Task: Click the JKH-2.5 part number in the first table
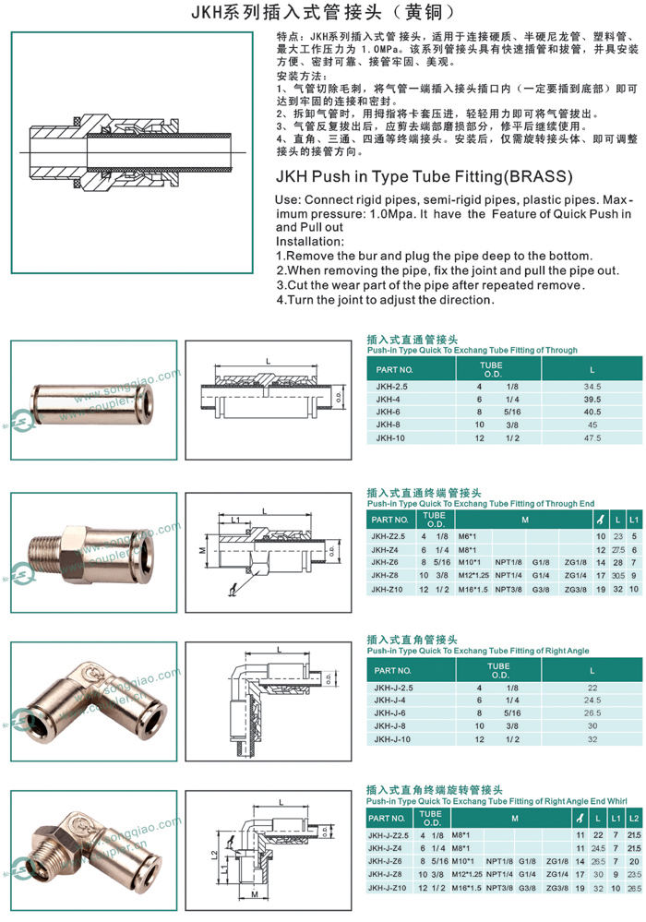[389, 386]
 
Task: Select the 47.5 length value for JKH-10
[592, 438]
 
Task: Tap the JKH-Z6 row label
[385, 562]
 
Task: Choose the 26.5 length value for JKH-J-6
[592, 712]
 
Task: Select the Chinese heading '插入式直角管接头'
[413, 639]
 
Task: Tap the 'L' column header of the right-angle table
[592, 670]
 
